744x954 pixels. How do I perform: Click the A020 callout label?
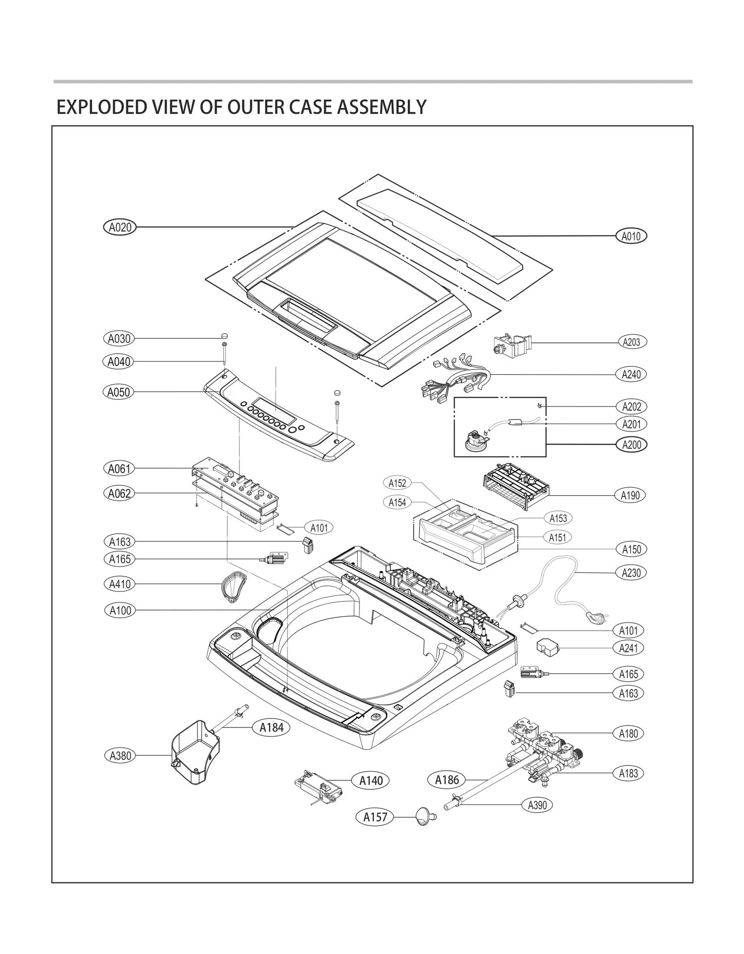tap(120, 228)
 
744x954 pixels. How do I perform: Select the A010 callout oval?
tap(631, 236)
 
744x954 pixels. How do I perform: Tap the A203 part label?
tap(631, 342)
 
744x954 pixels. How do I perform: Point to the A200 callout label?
tap(631, 445)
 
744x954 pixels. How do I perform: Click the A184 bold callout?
tap(271, 727)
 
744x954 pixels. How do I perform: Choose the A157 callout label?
tap(375, 817)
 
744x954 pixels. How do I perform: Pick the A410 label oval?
tap(120, 584)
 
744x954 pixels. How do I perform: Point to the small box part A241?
tap(547, 648)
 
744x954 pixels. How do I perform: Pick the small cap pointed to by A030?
tap(224, 336)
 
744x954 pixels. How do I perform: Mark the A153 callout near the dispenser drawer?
tap(558, 518)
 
